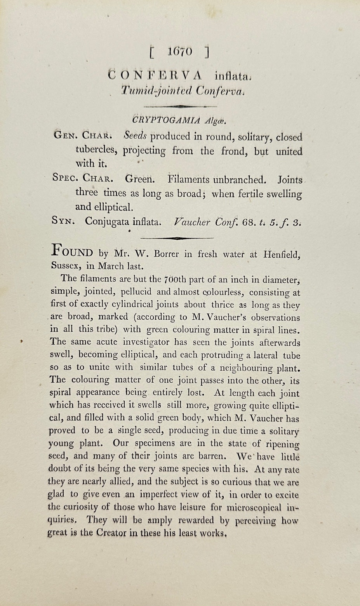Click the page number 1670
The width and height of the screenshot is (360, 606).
pos(180,52)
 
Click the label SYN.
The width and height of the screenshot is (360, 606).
pos(63,221)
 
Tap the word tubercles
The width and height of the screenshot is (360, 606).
pos(97,150)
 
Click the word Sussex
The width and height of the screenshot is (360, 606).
pos(65,266)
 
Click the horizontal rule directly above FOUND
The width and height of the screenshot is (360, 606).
pos(177,238)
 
